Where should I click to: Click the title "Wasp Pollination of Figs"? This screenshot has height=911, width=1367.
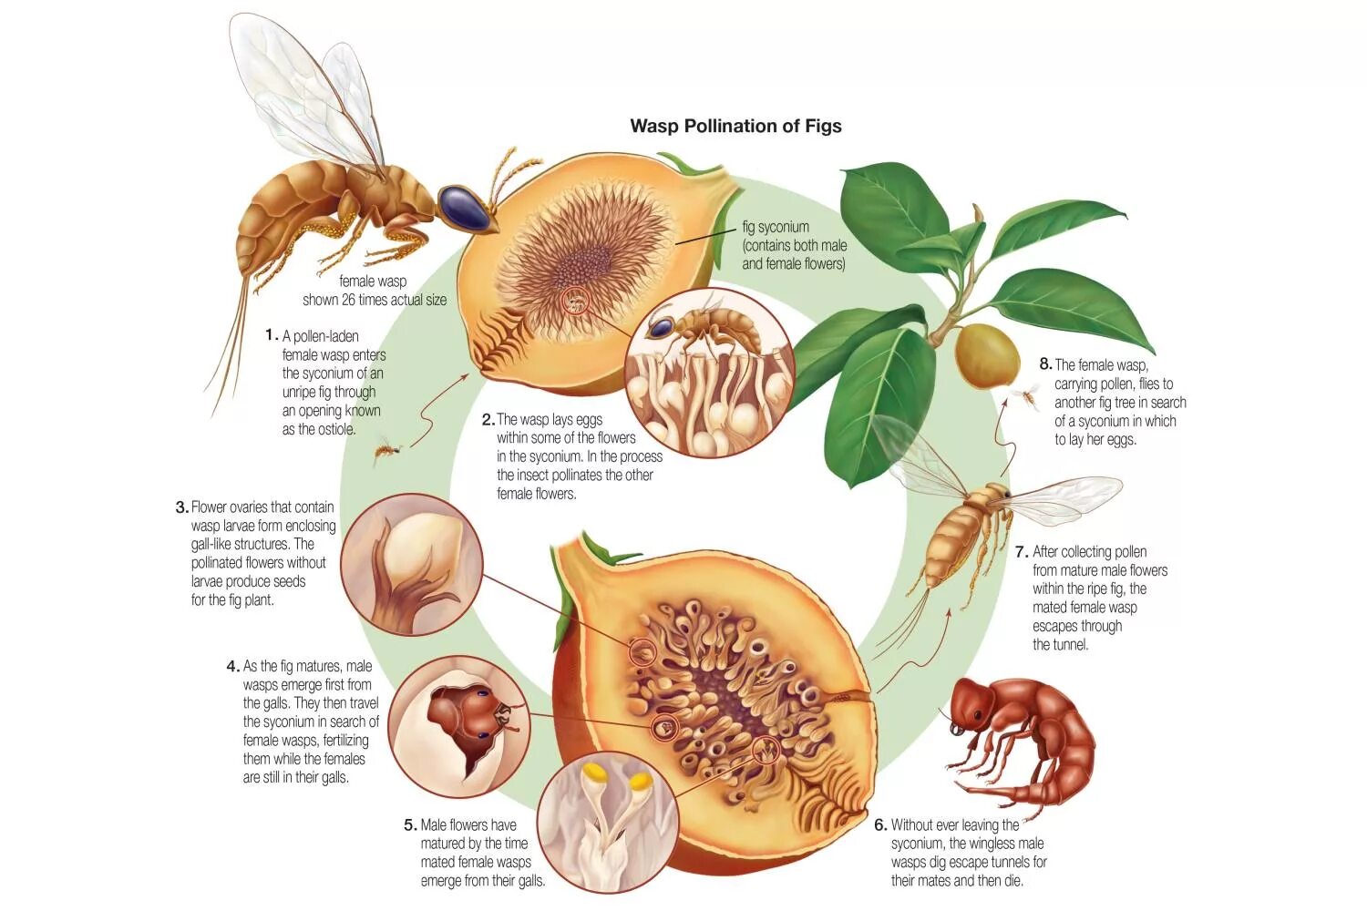point(735,126)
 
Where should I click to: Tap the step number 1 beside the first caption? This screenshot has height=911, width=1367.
point(271,335)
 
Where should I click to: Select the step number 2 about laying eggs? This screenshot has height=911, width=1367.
point(488,420)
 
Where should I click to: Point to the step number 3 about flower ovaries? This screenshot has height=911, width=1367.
point(181,507)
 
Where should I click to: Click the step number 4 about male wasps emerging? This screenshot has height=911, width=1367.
point(232,666)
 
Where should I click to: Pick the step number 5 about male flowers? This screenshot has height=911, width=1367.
point(410,825)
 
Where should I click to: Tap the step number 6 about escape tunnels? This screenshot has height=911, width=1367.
point(879,825)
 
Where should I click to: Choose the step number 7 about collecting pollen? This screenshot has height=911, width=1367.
point(1022,552)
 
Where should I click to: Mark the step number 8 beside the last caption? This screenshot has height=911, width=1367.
point(1045,364)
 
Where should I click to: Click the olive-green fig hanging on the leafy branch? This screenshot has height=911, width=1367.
point(987,354)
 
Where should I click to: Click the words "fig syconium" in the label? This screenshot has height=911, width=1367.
point(776,227)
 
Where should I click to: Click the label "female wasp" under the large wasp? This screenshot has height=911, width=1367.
point(373,281)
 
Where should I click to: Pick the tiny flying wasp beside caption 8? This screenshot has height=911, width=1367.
point(1031,393)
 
